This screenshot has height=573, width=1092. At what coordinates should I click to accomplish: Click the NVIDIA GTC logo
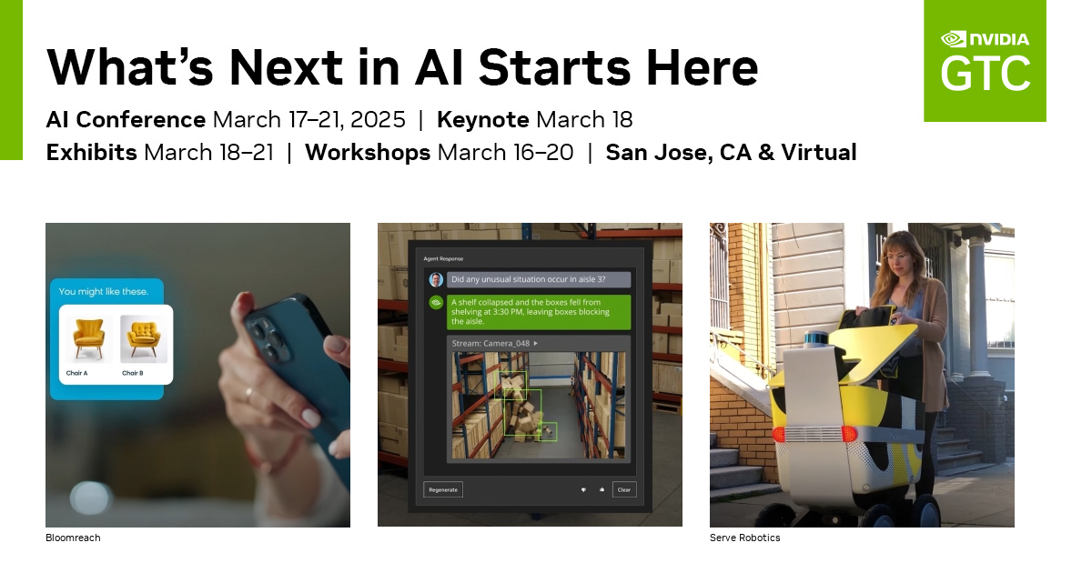[985, 61]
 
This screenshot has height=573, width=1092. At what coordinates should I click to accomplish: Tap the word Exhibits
[91, 153]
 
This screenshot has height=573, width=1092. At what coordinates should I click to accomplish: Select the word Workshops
[368, 153]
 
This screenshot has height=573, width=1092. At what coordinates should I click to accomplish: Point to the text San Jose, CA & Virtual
[731, 153]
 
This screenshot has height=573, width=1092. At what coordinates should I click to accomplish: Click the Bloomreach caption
[73, 538]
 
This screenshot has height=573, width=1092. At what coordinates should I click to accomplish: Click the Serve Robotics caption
[744, 538]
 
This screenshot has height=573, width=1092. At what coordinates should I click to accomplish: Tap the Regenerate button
[443, 489]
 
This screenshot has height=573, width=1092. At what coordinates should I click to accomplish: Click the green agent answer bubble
[539, 310]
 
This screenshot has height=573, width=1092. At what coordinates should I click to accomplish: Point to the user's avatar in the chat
[436, 279]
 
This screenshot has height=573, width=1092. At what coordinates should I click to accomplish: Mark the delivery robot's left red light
[779, 434]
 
